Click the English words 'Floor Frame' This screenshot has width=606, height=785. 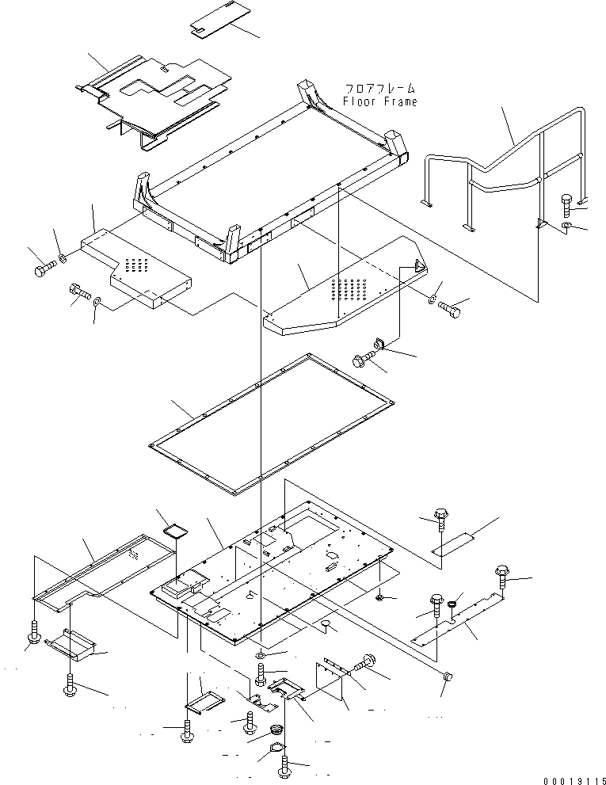point(379,101)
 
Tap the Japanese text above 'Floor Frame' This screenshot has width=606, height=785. point(379,89)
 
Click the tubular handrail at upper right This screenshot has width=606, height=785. point(507,166)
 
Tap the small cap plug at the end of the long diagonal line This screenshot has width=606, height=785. point(449,678)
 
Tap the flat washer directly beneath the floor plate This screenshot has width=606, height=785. point(262,658)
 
